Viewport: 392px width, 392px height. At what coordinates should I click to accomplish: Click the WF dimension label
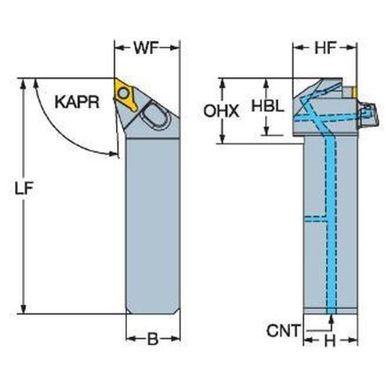[147, 48]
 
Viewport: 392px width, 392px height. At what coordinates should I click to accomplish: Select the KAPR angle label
[78, 102]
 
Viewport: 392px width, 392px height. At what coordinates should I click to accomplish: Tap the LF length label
[24, 188]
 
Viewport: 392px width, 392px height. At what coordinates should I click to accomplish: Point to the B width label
[153, 339]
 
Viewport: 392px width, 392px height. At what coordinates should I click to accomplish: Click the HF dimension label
[325, 48]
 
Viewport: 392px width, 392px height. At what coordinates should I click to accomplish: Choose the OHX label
[221, 111]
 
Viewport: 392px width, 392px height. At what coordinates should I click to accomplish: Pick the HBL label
[267, 107]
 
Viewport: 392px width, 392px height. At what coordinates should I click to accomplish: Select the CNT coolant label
[284, 331]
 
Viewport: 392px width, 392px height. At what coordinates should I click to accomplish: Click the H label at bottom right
[330, 341]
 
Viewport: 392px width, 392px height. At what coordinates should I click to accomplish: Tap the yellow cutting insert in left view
[125, 93]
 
